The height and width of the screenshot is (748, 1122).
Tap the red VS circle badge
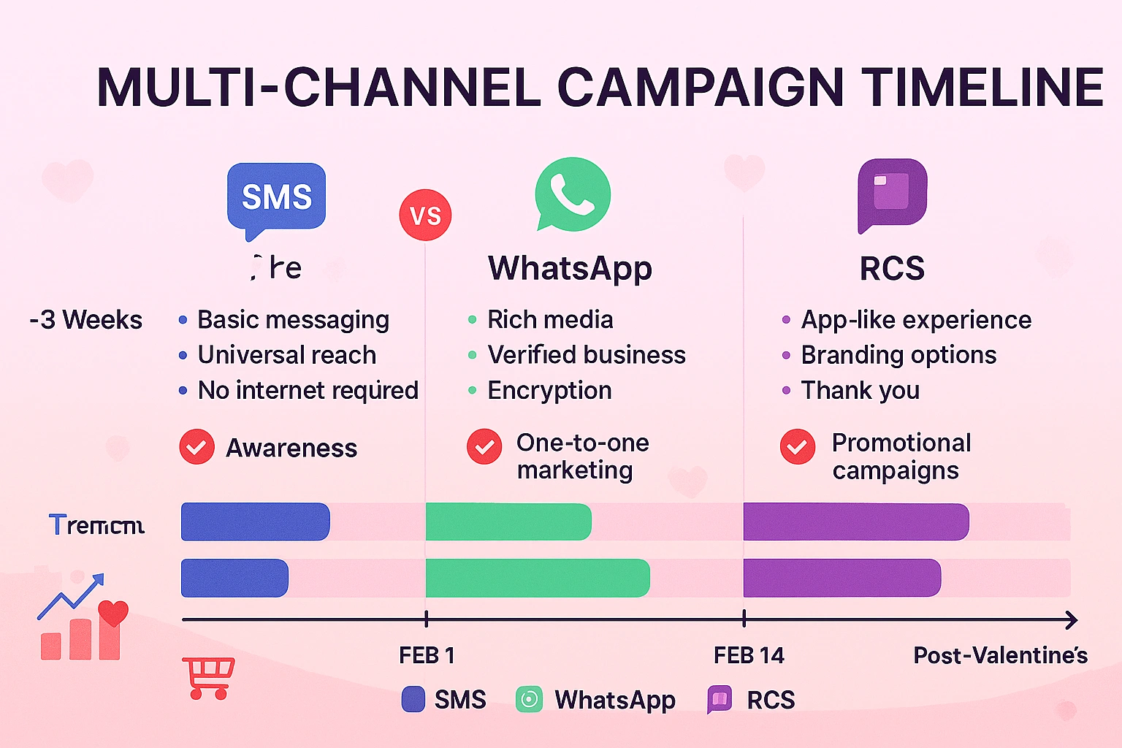point(425,215)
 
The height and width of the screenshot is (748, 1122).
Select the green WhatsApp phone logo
point(573,194)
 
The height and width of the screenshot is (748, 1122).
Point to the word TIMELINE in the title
point(982,88)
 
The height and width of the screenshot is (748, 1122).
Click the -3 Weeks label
point(86,320)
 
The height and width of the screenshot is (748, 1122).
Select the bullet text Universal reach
point(287,355)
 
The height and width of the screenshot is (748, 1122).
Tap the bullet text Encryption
point(549,390)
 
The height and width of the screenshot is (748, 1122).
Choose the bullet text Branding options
point(898,355)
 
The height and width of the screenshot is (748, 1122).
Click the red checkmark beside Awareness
point(196,447)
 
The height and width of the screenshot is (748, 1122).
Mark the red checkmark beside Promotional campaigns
point(797,446)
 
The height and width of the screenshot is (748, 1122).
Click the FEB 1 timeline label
point(427,655)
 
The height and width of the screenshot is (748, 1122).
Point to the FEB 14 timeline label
point(749,655)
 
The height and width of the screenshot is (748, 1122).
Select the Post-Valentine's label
point(1000,655)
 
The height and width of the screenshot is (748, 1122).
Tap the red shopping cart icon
point(210,677)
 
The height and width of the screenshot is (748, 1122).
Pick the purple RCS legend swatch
point(720,699)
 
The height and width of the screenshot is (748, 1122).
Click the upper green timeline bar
point(508,522)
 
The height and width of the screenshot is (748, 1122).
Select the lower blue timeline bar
point(234,578)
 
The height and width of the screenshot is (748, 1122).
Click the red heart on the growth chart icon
point(112,612)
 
